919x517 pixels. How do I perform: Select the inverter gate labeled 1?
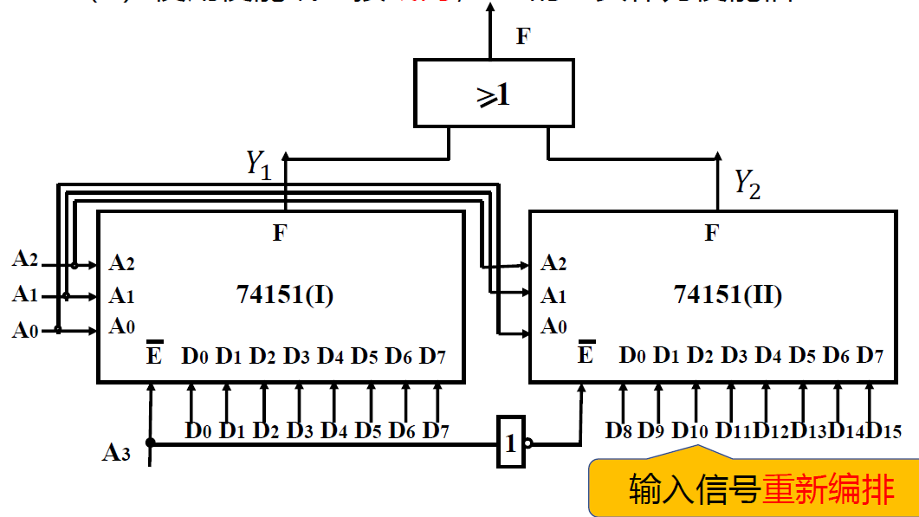point(510,443)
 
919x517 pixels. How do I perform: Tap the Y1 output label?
point(259,161)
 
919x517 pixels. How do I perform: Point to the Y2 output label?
point(747,183)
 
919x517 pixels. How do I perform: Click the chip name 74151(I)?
point(284,295)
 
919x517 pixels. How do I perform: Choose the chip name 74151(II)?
point(728,295)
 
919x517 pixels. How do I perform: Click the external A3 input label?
point(117,452)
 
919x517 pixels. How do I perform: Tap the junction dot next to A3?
point(151,443)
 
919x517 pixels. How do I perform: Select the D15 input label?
point(883,430)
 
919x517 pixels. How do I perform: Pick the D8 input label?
point(619,430)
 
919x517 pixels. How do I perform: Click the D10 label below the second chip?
point(690,430)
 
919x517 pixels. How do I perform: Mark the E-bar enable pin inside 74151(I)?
point(153,354)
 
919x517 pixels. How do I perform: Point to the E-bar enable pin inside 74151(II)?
point(586,354)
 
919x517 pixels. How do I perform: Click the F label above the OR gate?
point(523,36)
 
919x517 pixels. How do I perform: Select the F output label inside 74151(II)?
point(711,232)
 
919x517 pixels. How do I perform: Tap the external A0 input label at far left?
point(24,329)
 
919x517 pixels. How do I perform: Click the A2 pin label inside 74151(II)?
point(553,263)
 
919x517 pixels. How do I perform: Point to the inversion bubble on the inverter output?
point(528,443)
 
